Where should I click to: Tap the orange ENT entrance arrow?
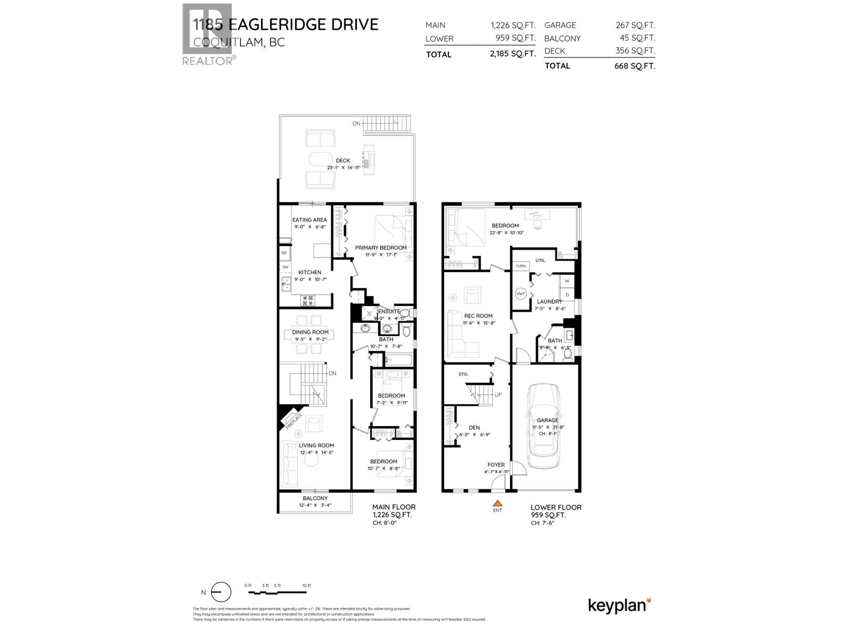497,503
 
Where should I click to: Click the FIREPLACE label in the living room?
293,421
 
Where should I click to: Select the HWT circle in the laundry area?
521,293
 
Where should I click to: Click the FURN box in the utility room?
520,266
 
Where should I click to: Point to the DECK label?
343,160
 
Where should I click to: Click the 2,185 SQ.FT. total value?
513,54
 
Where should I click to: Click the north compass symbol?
221,592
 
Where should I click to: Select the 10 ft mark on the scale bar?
306,586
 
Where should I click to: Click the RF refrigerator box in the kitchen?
284,253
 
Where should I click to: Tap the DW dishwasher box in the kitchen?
285,267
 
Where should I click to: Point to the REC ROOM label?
478,316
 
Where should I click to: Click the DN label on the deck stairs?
356,124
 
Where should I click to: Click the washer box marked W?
567,281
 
